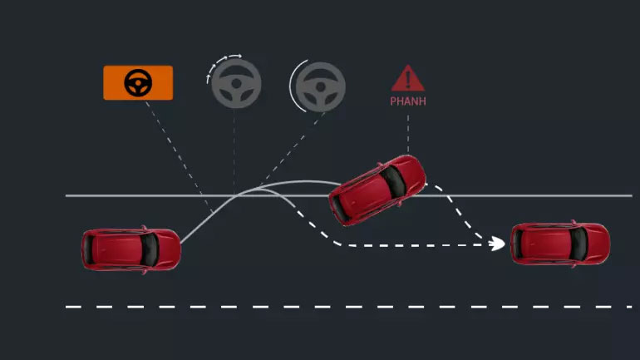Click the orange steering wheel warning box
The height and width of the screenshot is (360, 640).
click(x=138, y=83)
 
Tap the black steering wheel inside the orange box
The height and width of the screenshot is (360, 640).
click(x=138, y=83)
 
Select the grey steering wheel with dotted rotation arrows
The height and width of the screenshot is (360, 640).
click(x=236, y=84)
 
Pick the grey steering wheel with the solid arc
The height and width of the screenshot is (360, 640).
click(x=320, y=87)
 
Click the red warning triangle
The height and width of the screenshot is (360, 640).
click(x=408, y=78)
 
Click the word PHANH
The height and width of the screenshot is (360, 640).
click(x=408, y=101)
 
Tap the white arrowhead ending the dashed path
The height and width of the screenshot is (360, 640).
click(x=497, y=244)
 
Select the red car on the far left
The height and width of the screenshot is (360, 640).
click(x=131, y=249)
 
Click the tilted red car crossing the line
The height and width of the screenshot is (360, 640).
click(x=377, y=190)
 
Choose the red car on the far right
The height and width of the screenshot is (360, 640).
click(x=560, y=244)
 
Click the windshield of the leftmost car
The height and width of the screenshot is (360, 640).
click(x=150, y=249)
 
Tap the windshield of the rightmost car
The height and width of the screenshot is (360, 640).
click(x=578, y=244)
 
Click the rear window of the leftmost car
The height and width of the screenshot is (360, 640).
click(x=89, y=249)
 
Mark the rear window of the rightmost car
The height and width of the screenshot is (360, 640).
click(x=518, y=244)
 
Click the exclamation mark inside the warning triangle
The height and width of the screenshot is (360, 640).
click(x=408, y=80)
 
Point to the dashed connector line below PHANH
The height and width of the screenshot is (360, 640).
click(x=408, y=134)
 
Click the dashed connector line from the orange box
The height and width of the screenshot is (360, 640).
click(x=180, y=157)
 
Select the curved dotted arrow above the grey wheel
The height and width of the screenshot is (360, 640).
click(x=224, y=66)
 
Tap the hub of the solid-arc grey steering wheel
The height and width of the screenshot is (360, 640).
click(x=321, y=87)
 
